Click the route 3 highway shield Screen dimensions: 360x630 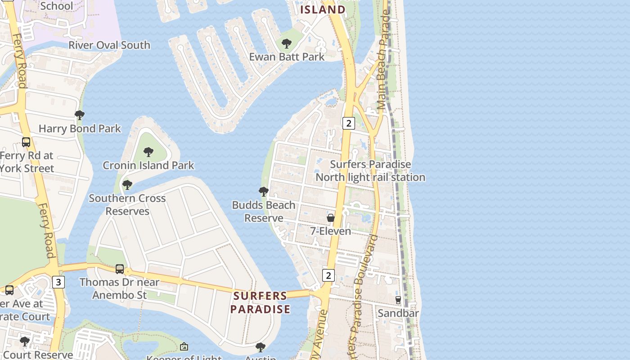point(58,282)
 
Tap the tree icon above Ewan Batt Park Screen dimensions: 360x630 point(286,44)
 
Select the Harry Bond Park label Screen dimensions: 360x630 point(80,129)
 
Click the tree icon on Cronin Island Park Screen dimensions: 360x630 point(148,152)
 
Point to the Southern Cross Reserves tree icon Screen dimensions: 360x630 point(127,185)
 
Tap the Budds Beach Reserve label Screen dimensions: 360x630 point(264,211)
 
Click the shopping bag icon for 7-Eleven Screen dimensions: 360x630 point(331,218)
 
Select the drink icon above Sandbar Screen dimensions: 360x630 point(398,300)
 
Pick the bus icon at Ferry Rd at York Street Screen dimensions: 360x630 point(26,142)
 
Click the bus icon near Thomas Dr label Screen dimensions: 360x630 point(120,269)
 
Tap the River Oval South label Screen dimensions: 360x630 point(109,45)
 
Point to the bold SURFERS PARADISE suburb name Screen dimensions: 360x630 point(260,302)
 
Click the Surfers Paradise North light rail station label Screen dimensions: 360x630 point(370,171)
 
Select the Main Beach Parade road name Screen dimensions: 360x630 point(384,60)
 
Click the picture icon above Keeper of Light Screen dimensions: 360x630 point(184,346)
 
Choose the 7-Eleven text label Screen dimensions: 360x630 point(331,231)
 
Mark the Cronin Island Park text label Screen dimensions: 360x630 point(148,166)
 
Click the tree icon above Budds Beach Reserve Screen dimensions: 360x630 point(264,192)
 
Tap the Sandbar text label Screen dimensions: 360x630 point(398,313)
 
